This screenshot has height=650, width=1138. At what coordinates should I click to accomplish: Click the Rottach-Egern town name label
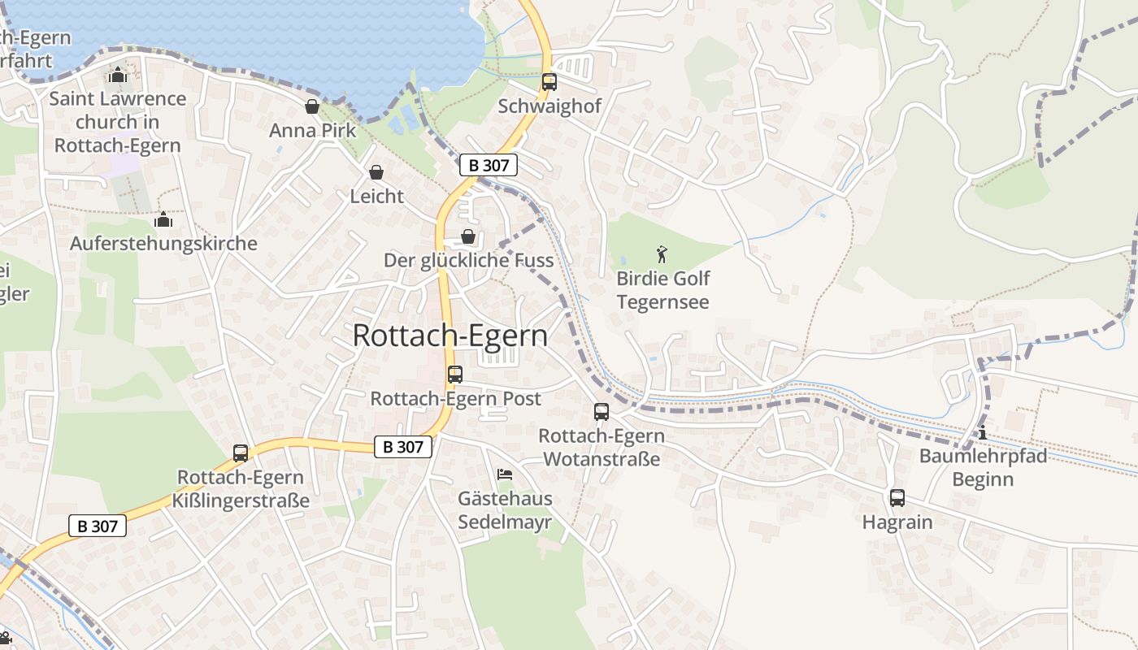coord(450,336)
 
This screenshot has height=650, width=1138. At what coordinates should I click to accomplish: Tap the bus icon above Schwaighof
coord(549,81)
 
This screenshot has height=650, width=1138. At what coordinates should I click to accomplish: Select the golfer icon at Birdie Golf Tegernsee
coord(662,254)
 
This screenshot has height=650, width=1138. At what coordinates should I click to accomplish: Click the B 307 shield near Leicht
coord(489,165)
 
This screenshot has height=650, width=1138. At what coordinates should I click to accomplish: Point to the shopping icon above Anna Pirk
coord(311,106)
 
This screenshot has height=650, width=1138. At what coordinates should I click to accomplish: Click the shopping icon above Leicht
coord(376,172)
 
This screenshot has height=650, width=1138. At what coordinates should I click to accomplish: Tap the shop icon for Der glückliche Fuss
coord(468,236)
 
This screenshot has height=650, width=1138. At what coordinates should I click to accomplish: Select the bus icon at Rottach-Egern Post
coord(455,375)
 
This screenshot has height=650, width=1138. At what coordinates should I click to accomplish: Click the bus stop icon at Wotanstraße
coord(602,412)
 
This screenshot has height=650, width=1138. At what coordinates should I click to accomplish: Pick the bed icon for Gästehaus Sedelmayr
coord(505,474)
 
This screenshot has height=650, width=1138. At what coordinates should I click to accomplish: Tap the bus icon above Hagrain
coord(897,498)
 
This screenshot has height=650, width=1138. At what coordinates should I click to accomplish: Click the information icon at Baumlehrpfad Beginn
coord(983,432)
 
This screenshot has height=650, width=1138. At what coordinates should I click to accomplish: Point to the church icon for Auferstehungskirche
coord(163,219)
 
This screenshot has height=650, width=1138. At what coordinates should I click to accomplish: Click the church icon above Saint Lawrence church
coord(118,75)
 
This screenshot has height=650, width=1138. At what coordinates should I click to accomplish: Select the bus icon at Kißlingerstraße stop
coord(241,453)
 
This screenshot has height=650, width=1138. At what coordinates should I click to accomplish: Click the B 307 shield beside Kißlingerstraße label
coord(98,526)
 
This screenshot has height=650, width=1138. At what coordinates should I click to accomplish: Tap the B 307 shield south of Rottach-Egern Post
coord(403,446)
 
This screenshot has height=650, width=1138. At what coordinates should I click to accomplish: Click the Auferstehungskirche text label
coord(163,243)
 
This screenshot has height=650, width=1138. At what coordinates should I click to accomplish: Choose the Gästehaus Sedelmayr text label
coord(505,510)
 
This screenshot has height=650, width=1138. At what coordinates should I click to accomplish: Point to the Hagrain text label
coord(897,522)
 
